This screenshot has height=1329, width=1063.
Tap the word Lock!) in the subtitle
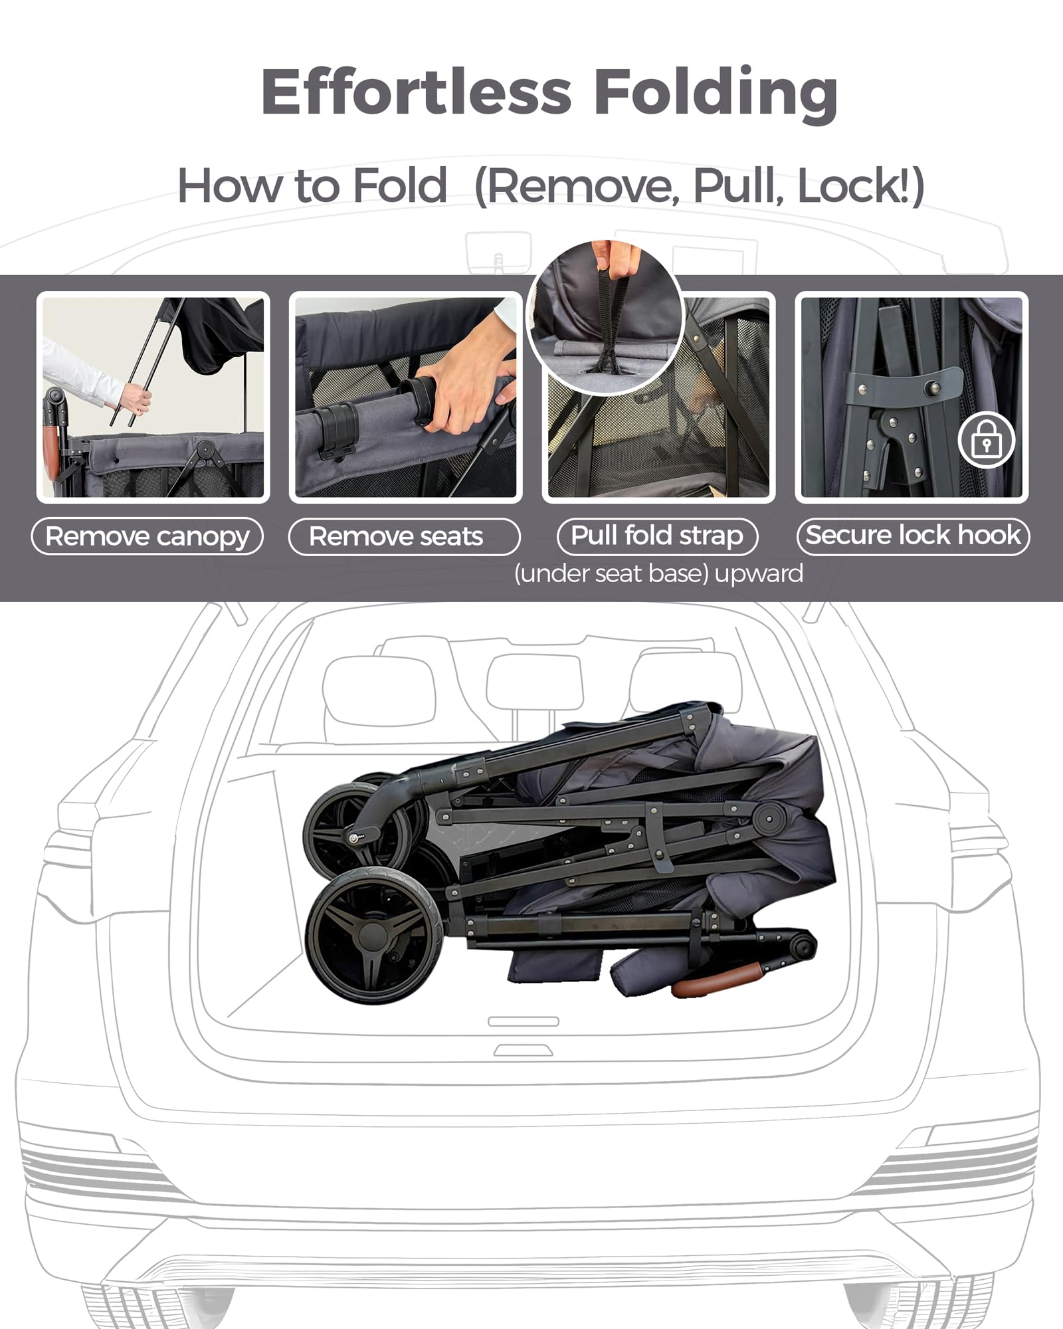pos(861,186)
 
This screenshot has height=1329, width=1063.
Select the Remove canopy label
pos(147,536)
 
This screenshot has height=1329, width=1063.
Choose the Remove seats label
pos(404,536)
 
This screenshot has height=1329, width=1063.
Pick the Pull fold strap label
pos(657,536)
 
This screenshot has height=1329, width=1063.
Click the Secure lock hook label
pos(913,536)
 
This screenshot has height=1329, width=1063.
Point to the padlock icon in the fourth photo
pos(987,441)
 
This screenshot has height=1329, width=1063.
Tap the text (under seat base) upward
pos(658,573)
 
